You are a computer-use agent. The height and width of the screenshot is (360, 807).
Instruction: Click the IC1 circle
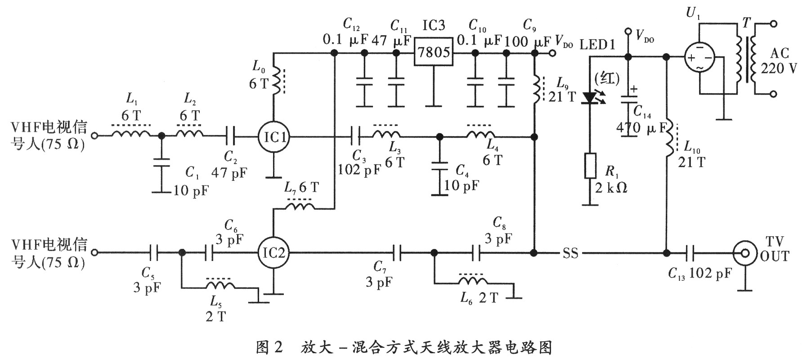pos(273,136)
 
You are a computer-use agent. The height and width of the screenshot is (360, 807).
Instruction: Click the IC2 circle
pos(273,253)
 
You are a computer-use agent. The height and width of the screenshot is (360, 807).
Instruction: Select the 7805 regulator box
pos(433,53)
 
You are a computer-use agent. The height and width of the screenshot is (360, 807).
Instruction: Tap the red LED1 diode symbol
pos(590,98)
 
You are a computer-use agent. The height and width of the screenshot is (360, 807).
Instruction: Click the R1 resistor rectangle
pos(590,166)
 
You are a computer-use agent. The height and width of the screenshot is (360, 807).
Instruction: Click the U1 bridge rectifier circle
pos(700,58)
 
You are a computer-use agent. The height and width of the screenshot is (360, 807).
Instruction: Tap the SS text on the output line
pos(570,253)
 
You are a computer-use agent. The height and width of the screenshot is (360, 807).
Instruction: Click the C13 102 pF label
pos(699,274)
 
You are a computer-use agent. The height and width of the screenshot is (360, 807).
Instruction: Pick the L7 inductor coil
pos(301,207)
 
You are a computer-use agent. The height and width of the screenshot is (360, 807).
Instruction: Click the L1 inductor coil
pos(131,134)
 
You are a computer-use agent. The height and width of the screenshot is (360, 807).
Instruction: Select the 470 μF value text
pos(641,129)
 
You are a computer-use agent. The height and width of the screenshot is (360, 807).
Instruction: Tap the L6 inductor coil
pos(473,281)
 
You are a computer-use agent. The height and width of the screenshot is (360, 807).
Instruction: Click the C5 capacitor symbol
pos(153,253)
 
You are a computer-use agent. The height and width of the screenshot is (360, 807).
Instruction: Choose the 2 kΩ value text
pos(610,187)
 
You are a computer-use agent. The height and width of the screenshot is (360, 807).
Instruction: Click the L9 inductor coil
pos(536,89)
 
